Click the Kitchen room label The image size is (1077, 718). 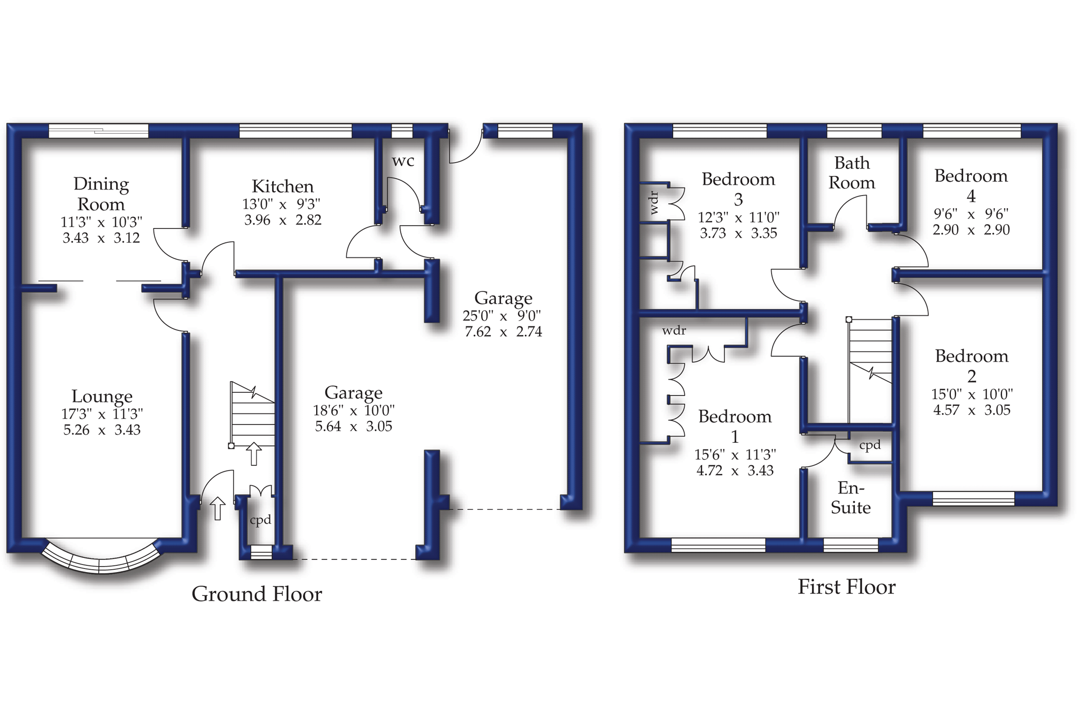[x=282, y=186]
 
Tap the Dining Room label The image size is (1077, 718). [x=101, y=194]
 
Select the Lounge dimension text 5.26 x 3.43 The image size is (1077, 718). [x=102, y=430]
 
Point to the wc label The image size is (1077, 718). [x=403, y=161]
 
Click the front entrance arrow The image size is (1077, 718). [x=217, y=508]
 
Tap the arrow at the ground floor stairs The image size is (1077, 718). [x=253, y=454]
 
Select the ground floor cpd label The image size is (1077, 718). [x=260, y=520]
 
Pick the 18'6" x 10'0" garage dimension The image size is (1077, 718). [x=354, y=410]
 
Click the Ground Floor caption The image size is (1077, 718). [x=256, y=594]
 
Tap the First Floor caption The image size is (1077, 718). [x=847, y=587]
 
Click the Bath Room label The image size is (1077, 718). [x=852, y=173]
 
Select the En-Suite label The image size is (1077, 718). [x=851, y=498]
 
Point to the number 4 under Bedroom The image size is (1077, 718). [x=971, y=196]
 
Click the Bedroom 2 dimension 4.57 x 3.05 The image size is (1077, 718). [x=972, y=410]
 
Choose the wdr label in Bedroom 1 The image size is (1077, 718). [x=674, y=331]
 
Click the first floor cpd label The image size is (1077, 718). [x=870, y=445]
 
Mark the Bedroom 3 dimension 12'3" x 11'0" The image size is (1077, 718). [x=739, y=218]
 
